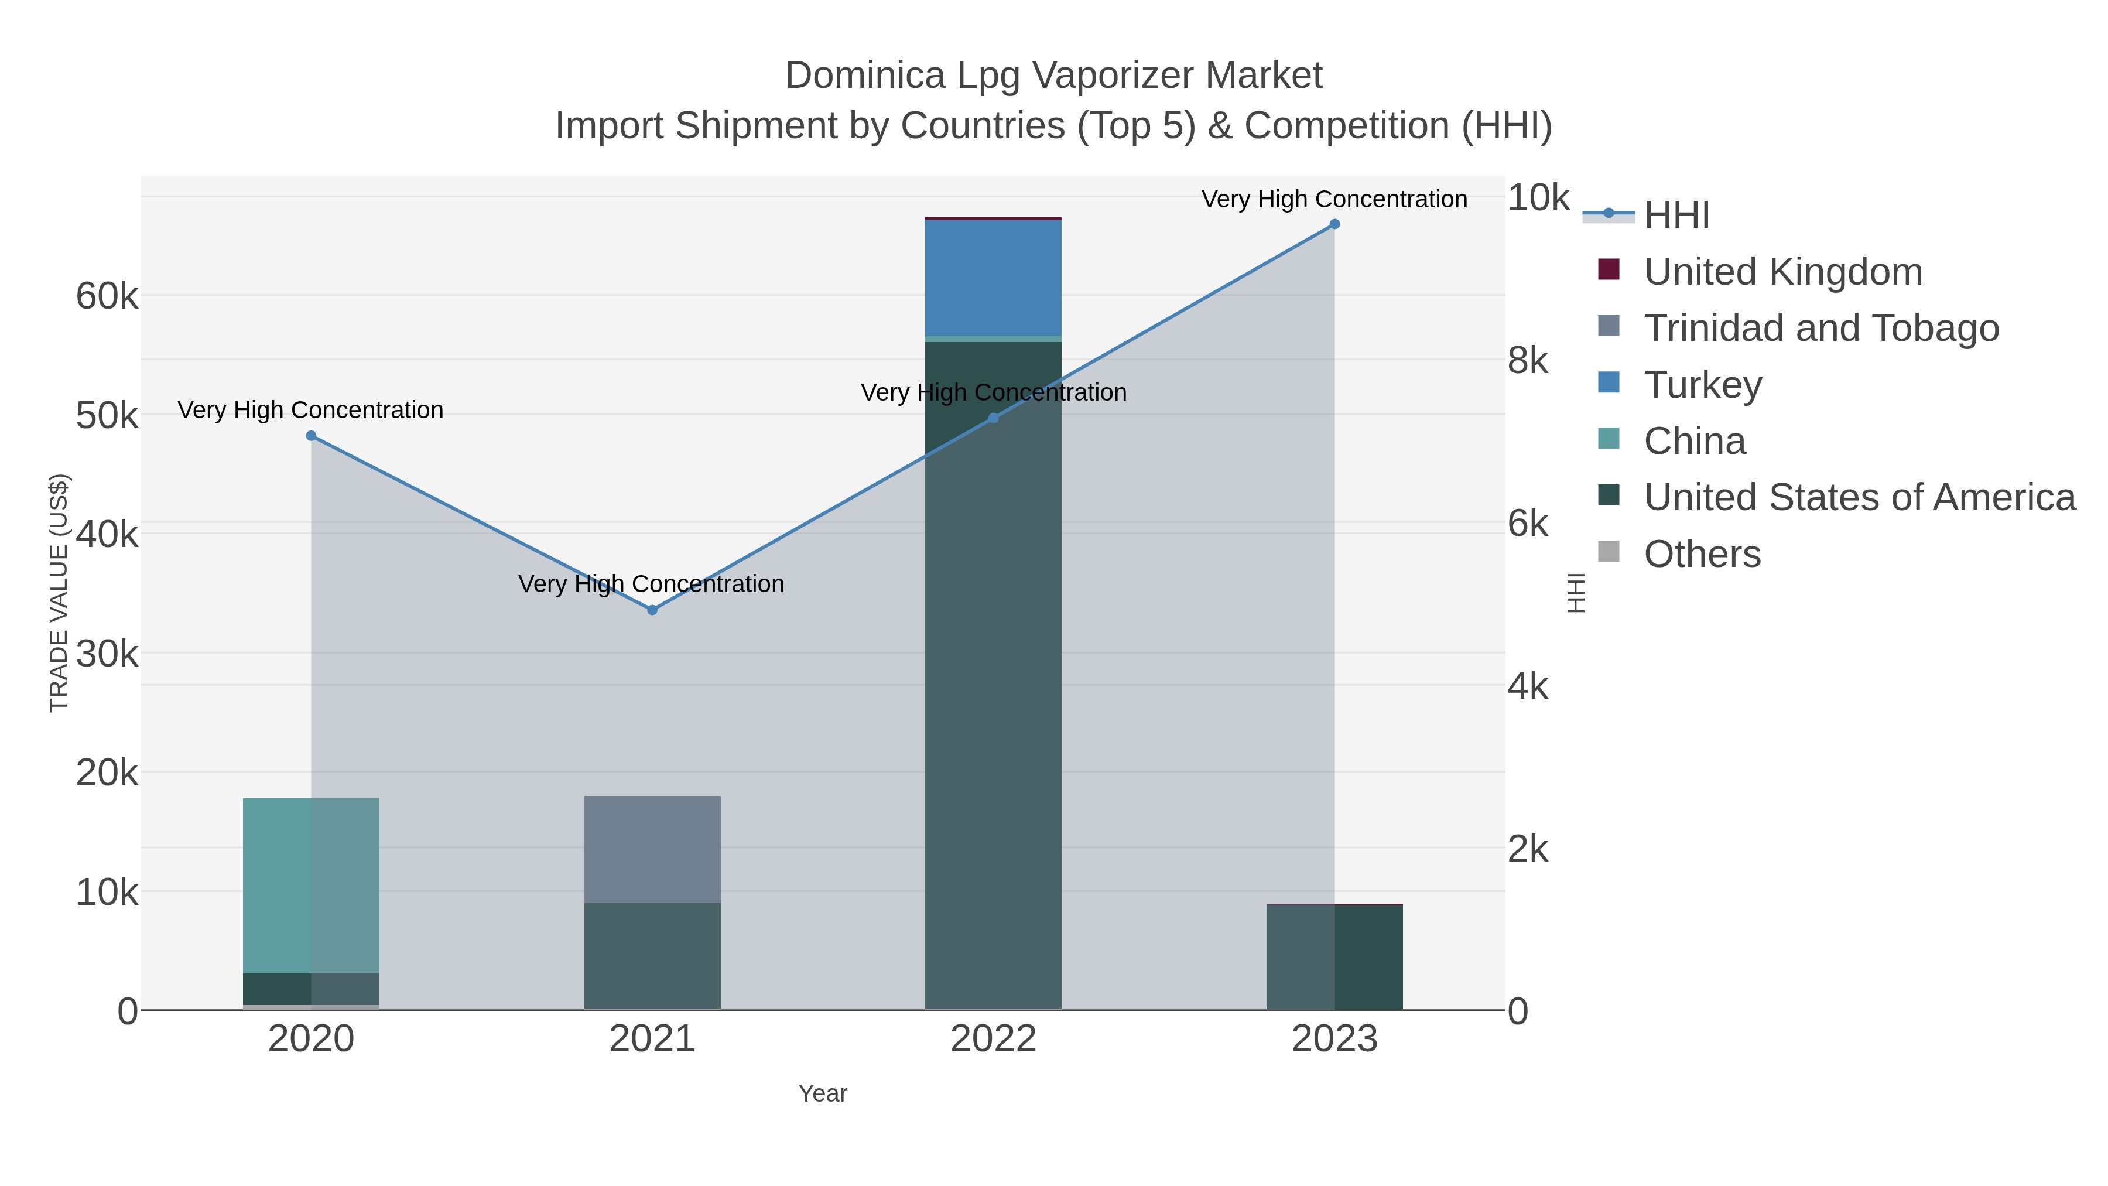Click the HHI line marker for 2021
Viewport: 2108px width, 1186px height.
click(x=652, y=610)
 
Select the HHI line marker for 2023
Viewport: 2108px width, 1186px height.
click(x=1334, y=224)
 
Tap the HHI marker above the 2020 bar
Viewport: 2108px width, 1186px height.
click(x=311, y=436)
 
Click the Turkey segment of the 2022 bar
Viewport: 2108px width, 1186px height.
click(x=993, y=278)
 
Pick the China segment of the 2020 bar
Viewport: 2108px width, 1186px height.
click(x=311, y=886)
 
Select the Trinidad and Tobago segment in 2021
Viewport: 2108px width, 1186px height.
click(x=652, y=850)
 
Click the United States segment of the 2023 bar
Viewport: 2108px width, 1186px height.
click(x=1334, y=957)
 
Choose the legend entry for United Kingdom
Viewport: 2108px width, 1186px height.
click(x=1782, y=272)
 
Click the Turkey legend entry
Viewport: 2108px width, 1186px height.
click(x=1702, y=385)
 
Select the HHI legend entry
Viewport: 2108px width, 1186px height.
click(x=1676, y=216)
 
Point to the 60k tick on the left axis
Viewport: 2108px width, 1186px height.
click(x=107, y=296)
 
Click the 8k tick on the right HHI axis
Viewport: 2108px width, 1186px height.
click(x=1528, y=360)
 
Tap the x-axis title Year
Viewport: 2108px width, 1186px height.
click(x=823, y=1093)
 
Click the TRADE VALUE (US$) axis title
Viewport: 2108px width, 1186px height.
click(x=59, y=593)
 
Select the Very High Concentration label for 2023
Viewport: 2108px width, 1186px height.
click(x=1334, y=199)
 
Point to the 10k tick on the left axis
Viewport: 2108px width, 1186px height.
click(x=107, y=892)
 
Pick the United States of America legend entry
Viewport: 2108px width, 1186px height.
click(x=1859, y=498)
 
